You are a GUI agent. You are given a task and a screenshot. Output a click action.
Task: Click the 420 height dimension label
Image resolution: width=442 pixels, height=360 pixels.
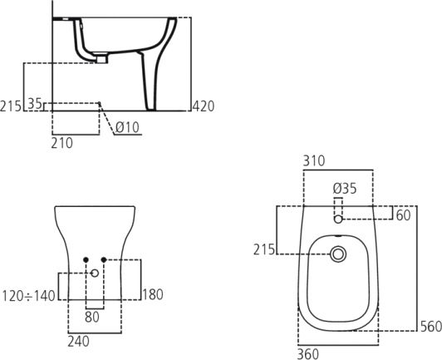pyautogui.click(x=204, y=106)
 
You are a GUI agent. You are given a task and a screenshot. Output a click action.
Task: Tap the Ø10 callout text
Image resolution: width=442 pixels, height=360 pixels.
pyautogui.click(x=127, y=127)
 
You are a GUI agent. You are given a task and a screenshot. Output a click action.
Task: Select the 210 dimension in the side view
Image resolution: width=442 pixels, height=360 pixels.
pyautogui.click(x=62, y=143)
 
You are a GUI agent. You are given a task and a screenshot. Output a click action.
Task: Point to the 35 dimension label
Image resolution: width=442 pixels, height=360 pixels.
pyautogui.click(x=35, y=104)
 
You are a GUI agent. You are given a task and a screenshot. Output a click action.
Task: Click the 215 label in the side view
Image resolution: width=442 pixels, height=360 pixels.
pyautogui.click(x=11, y=106)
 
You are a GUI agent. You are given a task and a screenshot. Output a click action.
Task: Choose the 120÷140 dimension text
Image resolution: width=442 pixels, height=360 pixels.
pyautogui.click(x=28, y=296)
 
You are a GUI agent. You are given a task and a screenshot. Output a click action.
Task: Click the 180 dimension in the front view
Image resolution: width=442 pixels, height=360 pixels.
pyautogui.click(x=153, y=295)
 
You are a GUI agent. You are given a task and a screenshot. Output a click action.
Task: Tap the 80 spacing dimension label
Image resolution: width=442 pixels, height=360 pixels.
pyautogui.click(x=92, y=317)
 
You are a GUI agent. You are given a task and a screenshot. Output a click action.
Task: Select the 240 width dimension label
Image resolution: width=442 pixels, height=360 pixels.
pyautogui.click(x=78, y=342)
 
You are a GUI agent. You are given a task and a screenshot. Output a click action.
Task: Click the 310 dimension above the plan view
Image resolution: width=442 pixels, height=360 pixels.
pyautogui.click(x=314, y=161)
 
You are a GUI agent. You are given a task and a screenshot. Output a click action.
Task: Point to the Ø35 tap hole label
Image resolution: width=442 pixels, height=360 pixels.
pyautogui.click(x=345, y=189)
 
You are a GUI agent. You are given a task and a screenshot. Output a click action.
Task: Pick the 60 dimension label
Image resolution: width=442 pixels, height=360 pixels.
pyautogui.click(x=404, y=215)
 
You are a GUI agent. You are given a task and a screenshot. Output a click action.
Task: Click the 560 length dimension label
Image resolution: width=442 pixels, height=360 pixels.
pyautogui.click(x=431, y=327)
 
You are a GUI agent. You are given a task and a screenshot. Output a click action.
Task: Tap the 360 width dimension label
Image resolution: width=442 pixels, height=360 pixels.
pyautogui.click(x=308, y=354)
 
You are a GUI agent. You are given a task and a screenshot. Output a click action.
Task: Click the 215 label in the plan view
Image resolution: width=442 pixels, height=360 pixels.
pyautogui.click(x=264, y=249)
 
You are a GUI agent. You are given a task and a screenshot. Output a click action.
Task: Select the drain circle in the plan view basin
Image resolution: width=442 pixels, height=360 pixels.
pyautogui.click(x=338, y=254)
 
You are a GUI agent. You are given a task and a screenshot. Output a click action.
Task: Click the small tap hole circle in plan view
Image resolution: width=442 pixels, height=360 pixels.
pyautogui.click(x=338, y=219)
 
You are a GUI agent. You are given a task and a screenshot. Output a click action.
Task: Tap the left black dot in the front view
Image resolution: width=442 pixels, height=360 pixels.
pyautogui.click(x=86, y=259)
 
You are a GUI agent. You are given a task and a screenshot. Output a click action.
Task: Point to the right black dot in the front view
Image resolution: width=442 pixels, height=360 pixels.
pyautogui.click(x=104, y=259)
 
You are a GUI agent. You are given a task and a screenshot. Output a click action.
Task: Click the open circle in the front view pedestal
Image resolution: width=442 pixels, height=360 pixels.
pyautogui.click(x=95, y=273)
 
